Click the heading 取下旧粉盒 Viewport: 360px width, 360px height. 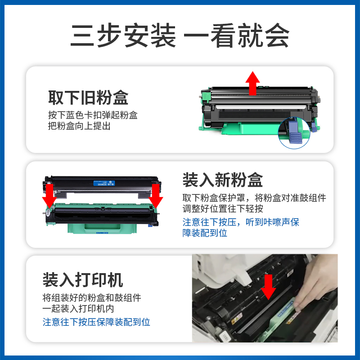click(x=88, y=98)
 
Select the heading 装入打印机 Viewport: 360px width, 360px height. click(x=82, y=279)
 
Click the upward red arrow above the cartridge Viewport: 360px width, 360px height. click(x=253, y=83)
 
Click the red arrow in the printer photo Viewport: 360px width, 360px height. click(x=269, y=287)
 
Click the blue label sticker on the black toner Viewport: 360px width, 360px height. click(x=104, y=183)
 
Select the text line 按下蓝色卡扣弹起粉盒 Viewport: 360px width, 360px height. click(x=93, y=115)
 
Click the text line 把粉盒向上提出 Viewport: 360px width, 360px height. click(x=79, y=126)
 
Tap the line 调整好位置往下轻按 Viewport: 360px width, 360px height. click(x=223, y=209)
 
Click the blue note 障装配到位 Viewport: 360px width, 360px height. click(x=205, y=233)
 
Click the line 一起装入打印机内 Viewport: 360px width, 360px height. click(x=78, y=310)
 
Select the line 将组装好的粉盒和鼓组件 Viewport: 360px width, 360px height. click(x=92, y=298)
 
